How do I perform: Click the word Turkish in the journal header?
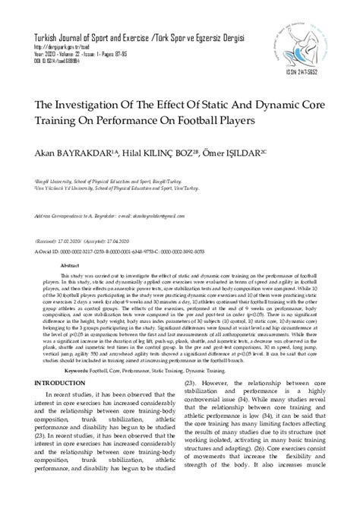pyautogui.click(x=42, y=36)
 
